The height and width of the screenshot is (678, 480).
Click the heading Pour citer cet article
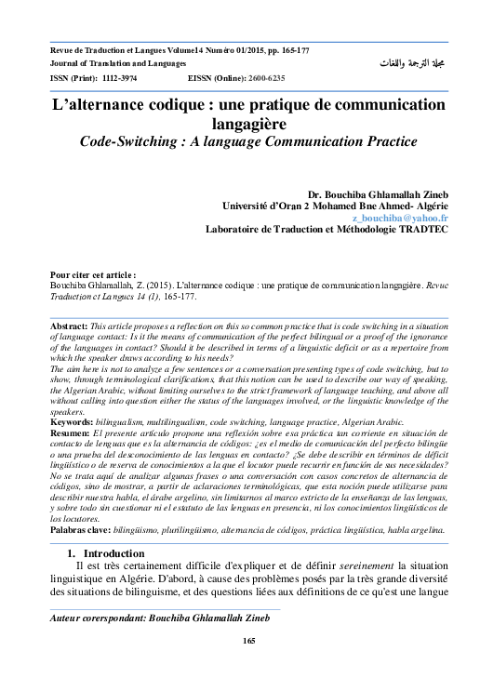click(93, 276)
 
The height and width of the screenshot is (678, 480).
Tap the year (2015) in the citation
click(143, 286)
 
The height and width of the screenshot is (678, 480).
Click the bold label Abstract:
click(69, 327)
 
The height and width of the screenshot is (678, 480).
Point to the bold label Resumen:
click(72, 434)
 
